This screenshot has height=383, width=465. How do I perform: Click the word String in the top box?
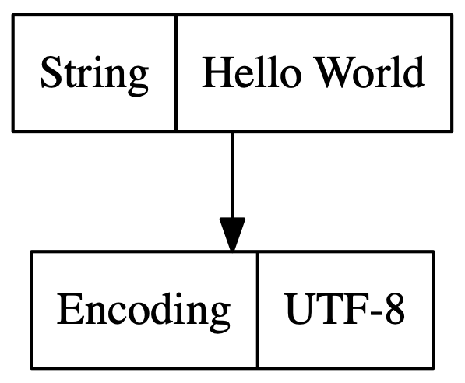tap(93, 75)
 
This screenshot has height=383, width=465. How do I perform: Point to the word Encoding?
tap(143, 311)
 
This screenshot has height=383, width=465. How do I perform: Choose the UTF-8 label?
tap(345, 311)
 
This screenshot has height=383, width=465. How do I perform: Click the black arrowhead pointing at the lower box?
tap(232, 234)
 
